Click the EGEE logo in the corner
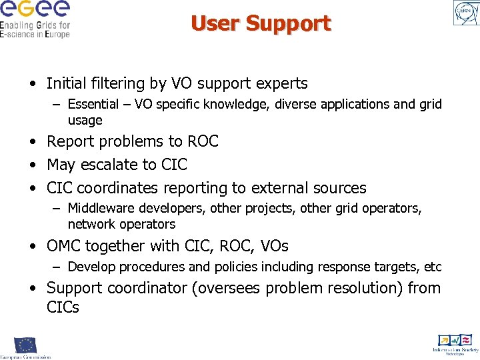35,18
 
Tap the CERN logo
465,13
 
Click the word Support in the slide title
288,23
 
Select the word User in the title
215,23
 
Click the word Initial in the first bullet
67,83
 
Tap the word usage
85,121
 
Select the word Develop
92,267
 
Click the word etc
433,267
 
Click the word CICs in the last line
63,307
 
